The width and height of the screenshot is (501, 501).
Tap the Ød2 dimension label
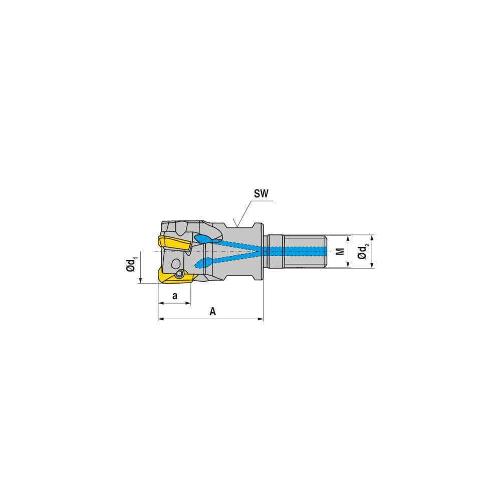364,250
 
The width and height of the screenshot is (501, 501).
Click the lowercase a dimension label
174,296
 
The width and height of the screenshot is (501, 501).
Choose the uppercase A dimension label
212,312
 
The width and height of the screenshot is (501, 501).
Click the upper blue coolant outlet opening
203,239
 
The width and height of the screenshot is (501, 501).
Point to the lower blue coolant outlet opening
202,263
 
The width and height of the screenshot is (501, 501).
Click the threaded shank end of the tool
298,250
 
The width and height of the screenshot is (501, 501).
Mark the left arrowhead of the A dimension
160,318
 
